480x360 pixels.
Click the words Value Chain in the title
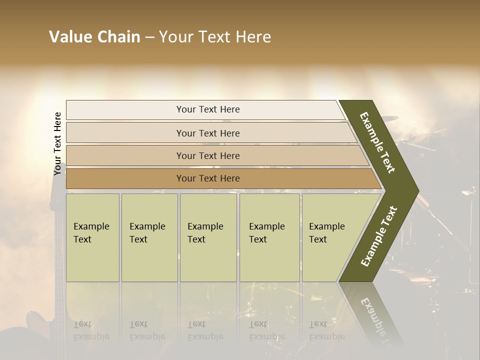coord(94,37)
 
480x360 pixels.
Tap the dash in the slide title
coord(149,37)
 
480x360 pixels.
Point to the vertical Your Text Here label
coord(58,143)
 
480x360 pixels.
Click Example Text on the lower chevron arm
coord(379,236)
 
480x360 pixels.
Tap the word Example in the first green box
coord(91,226)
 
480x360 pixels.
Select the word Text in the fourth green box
coord(258,239)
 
